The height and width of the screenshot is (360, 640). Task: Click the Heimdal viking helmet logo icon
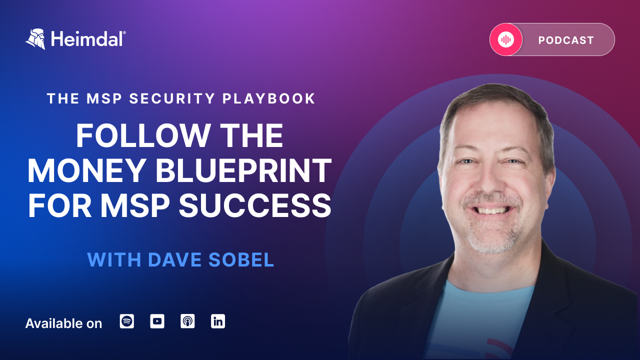(x=35, y=39)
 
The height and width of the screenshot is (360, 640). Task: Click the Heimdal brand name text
(x=88, y=39)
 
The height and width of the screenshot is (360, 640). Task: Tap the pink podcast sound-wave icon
(x=506, y=39)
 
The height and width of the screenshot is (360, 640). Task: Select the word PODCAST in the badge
(x=566, y=40)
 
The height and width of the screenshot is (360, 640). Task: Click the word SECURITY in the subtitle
(x=172, y=98)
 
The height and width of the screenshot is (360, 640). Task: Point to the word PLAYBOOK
(x=269, y=98)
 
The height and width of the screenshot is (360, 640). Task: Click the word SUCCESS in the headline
(x=255, y=205)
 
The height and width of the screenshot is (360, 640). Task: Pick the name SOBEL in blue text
(x=241, y=259)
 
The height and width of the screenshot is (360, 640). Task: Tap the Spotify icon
(x=127, y=321)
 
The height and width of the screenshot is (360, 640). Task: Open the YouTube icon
(x=157, y=321)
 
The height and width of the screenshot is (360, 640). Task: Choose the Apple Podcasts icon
(x=187, y=321)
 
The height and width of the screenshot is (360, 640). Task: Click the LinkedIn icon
(x=218, y=321)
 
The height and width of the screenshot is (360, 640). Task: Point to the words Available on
(x=63, y=323)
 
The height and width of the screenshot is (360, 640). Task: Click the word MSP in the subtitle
(x=104, y=98)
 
